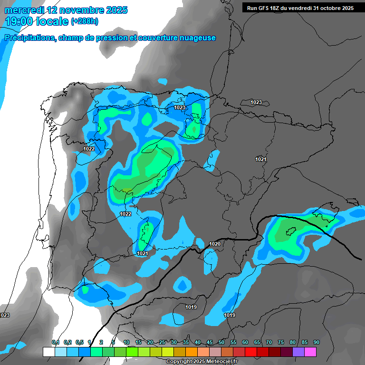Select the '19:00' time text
pos(19,21)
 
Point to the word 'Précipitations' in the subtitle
pos(29,38)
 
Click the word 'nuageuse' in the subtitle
pos(198,38)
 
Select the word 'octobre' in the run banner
pos(327,8)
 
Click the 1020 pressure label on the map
pos(215,244)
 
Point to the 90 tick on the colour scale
pos(316,343)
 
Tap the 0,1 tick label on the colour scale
pos(56,343)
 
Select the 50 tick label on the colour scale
pos(221,343)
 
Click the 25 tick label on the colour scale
pos(162,343)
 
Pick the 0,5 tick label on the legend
pos(79,343)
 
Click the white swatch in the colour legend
pos(48,352)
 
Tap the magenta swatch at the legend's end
pos(310,352)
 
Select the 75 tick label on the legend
pos(280,343)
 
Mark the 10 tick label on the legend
pos(126,343)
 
